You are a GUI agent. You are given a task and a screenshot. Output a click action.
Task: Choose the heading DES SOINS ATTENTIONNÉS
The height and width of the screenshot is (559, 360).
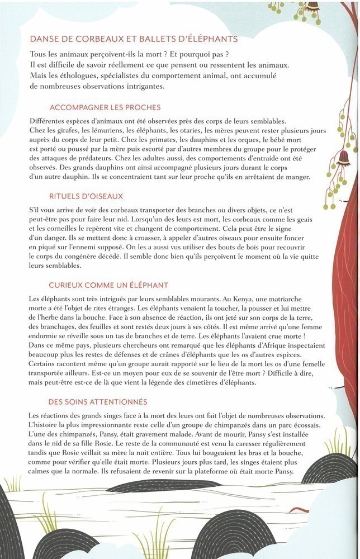(x=98, y=401)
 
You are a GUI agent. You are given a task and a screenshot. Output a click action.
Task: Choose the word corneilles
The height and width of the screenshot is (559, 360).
(x=58, y=230)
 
